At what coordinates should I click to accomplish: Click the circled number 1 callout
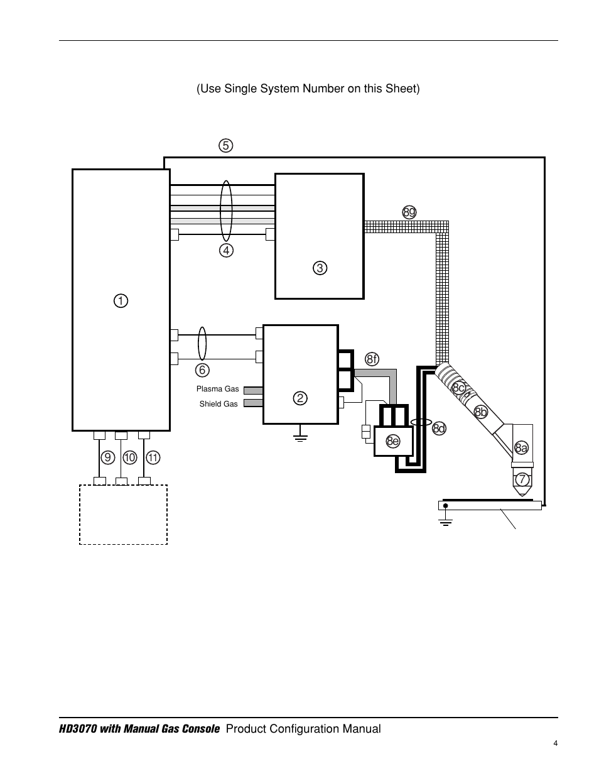click(121, 301)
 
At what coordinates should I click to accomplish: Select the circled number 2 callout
click(300, 398)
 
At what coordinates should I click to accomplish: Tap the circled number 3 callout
click(320, 268)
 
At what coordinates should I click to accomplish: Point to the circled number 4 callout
click(226, 250)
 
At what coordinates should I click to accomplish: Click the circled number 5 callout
click(225, 146)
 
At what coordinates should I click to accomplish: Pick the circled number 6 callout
click(202, 370)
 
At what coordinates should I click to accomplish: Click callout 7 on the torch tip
click(521, 479)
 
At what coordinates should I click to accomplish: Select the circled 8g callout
click(409, 212)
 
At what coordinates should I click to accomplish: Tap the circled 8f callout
click(372, 359)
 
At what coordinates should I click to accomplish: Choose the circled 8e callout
click(393, 441)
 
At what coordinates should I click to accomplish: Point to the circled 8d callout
click(439, 429)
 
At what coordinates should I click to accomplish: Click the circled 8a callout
click(521, 447)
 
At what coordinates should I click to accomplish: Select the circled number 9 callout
click(107, 457)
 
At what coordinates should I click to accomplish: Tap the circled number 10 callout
click(130, 457)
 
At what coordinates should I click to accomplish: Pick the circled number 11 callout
click(153, 457)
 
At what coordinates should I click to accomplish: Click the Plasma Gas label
click(217, 389)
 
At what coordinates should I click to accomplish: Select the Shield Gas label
click(219, 404)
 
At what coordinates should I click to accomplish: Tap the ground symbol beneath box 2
click(301, 435)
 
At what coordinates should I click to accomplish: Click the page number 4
click(555, 744)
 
